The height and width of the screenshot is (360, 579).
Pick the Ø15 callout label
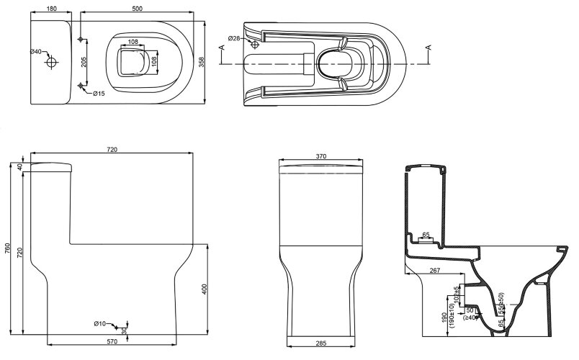(98, 94)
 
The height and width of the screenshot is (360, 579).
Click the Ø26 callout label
(233, 38)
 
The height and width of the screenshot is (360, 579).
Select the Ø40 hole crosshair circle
(51, 62)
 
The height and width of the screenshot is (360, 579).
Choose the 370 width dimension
(320, 156)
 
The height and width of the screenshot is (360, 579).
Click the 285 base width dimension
(320, 343)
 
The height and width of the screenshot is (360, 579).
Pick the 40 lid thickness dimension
(19, 167)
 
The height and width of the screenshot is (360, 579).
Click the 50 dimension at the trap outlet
(470, 310)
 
